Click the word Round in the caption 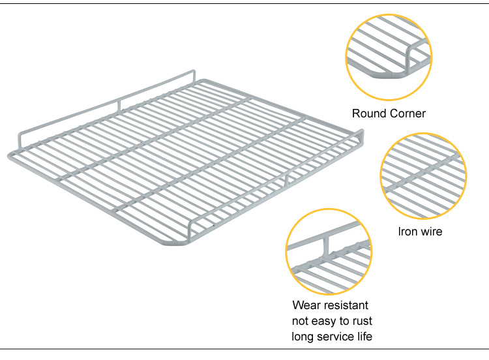[367, 113]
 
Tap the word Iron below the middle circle [409, 232]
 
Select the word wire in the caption [432, 232]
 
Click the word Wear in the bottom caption [307, 305]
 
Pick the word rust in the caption [361, 321]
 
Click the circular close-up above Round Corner [389, 57]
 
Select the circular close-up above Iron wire [422, 175]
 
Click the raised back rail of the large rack [104, 107]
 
